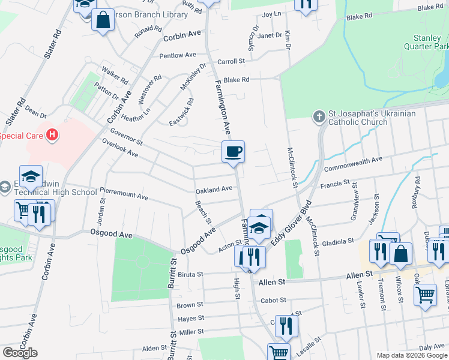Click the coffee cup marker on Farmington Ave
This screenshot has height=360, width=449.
pos(233,151)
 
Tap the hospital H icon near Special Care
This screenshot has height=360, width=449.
pos(52,134)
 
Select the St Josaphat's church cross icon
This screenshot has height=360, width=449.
pos(319,114)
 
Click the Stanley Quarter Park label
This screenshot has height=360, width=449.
pos(430,41)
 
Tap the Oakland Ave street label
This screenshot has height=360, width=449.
pos(214,189)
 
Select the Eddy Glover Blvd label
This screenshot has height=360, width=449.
pos(292,222)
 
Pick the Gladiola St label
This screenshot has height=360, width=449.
pos(337,241)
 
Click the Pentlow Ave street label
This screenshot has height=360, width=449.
pos(178,55)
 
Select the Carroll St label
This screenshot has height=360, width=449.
pos(231,61)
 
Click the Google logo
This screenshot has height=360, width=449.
pos(20,353)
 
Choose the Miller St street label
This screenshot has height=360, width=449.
pos(191,332)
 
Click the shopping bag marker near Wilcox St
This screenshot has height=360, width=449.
pos(400,253)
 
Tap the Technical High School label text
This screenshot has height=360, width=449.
pos(59,192)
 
